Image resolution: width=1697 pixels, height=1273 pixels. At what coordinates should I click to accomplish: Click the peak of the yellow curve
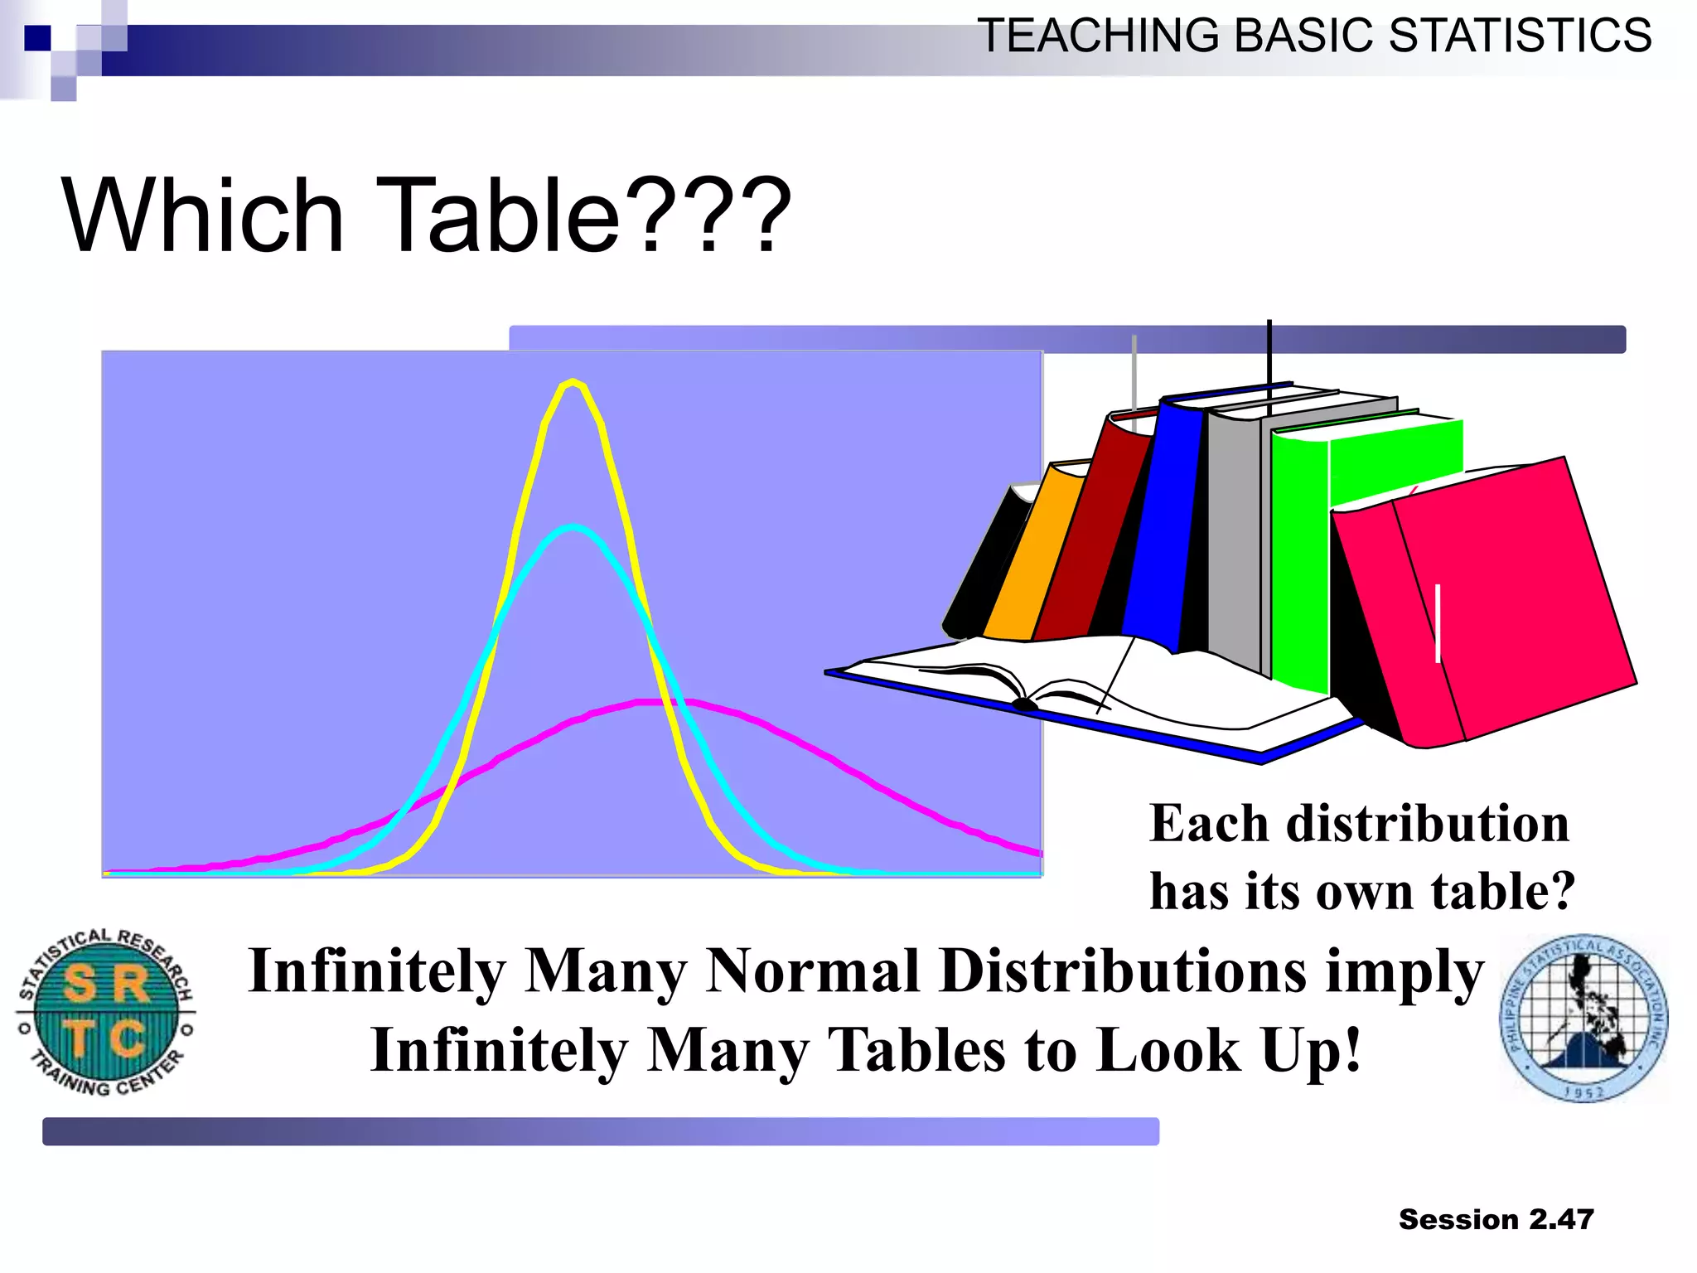pyautogui.click(x=572, y=383)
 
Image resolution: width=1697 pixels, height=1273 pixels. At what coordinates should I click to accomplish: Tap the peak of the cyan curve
pyautogui.click(x=573, y=527)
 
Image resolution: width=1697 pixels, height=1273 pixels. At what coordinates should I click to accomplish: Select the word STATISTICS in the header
pyautogui.click(x=1520, y=36)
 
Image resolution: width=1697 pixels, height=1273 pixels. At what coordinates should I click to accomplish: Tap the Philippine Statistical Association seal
pyautogui.click(x=1583, y=1019)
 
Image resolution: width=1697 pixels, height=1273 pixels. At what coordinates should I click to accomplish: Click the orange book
pyautogui.click(x=1032, y=555)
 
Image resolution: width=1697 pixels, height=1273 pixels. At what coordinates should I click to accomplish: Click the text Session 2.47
pyautogui.click(x=1496, y=1219)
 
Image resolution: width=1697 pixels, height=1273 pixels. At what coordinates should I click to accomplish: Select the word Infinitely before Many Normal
pyautogui.click(x=377, y=970)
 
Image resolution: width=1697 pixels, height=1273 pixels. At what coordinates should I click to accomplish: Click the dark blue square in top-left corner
pyautogui.click(x=36, y=38)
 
